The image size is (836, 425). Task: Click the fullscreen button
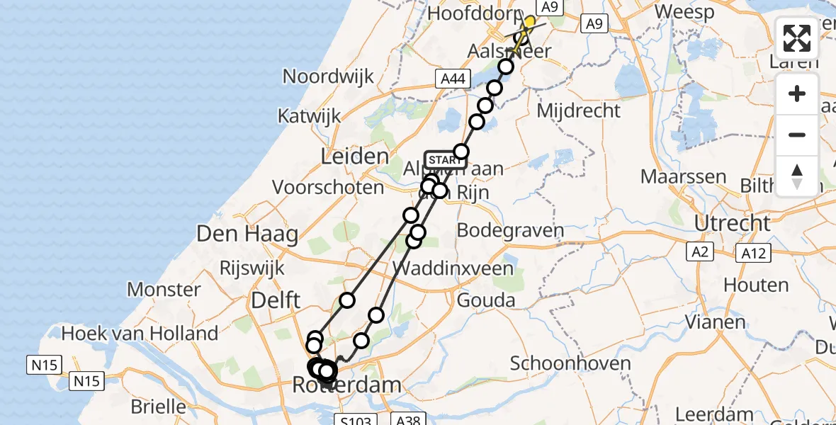click(797, 38)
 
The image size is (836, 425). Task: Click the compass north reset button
click(797, 176)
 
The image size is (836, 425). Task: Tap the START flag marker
click(445, 159)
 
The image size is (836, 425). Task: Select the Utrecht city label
click(733, 223)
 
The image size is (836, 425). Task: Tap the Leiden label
click(355, 157)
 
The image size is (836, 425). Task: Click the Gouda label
click(486, 300)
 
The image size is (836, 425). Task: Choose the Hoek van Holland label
click(140, 333)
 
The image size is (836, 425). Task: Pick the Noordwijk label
click(328, 76)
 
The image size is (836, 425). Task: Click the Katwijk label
click(310, 116)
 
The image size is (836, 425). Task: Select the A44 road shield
click(452, 79)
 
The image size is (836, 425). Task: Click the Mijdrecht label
click(579, 110)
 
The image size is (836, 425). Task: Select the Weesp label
click(684, 11)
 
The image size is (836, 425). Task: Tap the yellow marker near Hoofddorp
click(529, 22)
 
